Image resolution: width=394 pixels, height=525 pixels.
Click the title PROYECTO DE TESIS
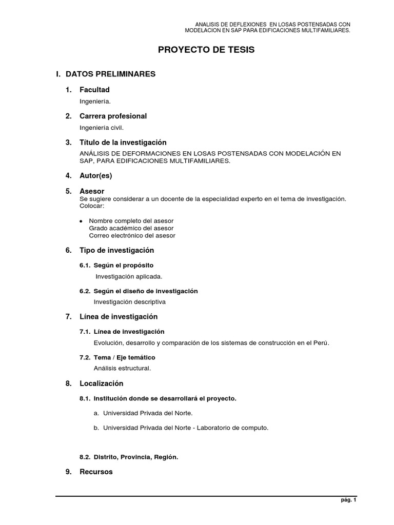tap(205, 50)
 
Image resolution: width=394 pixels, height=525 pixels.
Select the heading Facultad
tap(94, 90)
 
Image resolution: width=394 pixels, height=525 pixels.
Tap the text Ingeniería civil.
tap(102, 127)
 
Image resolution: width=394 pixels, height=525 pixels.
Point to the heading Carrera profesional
tap(113, 116)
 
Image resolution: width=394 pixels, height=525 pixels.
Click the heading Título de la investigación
tap(123, 142)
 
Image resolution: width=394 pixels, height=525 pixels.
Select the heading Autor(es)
tap(95, 176)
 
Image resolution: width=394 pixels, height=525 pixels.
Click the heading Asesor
tap(92, 191)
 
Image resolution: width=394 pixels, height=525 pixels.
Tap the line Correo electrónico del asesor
tap(132, 236)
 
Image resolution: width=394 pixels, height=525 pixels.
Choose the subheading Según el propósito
tap(123, 265)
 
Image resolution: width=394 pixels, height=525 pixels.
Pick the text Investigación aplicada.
tap(129, 276)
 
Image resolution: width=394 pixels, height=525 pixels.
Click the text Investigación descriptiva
tap(129, 302)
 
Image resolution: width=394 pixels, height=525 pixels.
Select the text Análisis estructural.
tap(122, 368)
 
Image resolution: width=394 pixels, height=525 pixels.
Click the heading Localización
tap(102, 383)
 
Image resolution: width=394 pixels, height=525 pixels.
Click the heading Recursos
tap(95, 472)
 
